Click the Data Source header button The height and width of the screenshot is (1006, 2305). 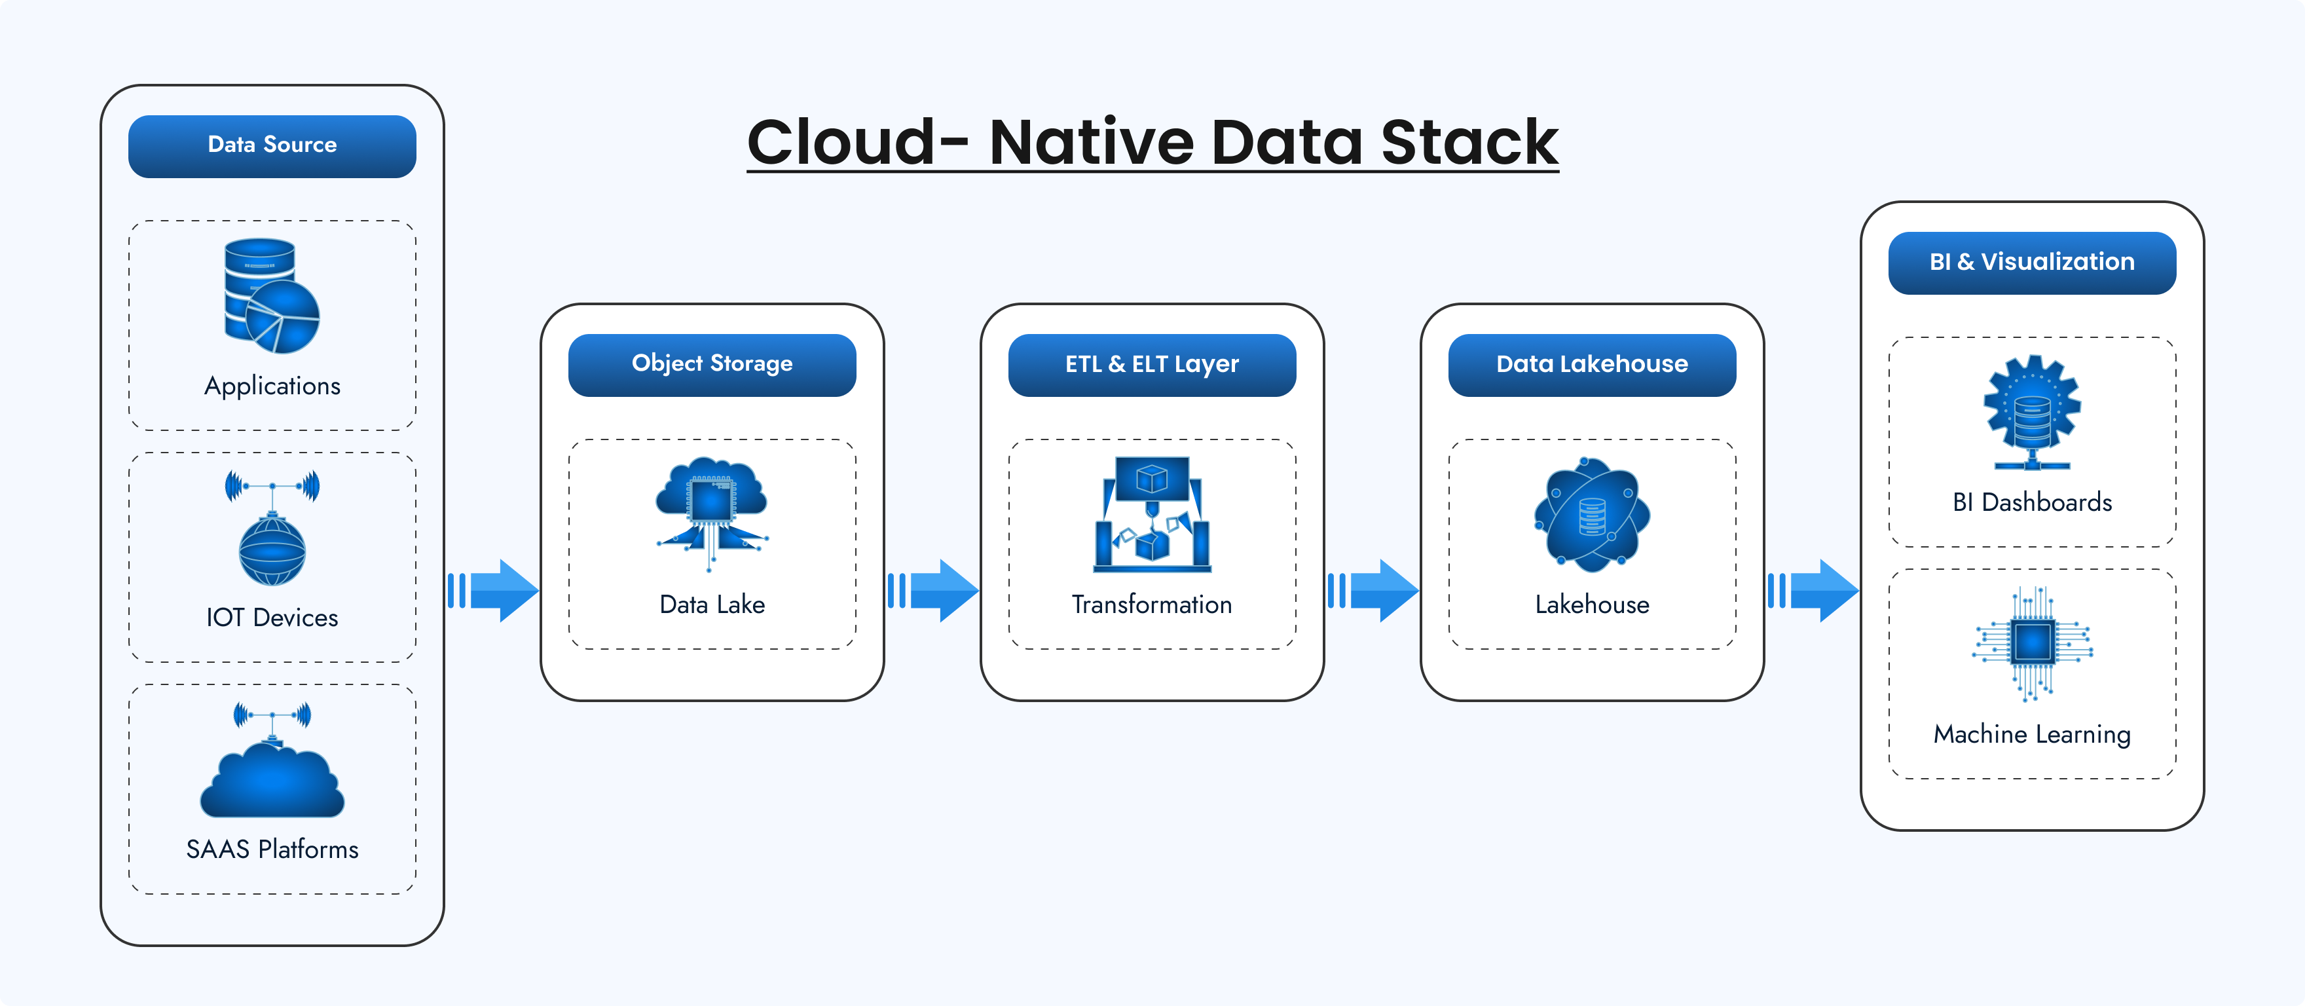click(x=272, y=146)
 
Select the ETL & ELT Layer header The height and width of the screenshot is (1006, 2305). click(x=1152, y=364)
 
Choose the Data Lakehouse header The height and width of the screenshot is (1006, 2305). click(x=1592, y=364)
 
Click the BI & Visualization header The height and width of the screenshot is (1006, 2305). click(x=2031, y=262)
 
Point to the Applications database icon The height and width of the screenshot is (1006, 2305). click(x=271, y=295)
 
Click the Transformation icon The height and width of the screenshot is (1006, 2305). click(x=1152, y=515)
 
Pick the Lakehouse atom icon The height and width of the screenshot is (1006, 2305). click(x=1592, y=515)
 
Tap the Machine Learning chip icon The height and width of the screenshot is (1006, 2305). click(x=2031, y=643)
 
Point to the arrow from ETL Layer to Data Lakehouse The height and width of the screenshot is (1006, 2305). click(x=1374, y=591)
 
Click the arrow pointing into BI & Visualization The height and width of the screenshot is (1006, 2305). click(x=1814, y=591)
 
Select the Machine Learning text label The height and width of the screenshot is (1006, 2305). click(x=2031, y=735)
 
